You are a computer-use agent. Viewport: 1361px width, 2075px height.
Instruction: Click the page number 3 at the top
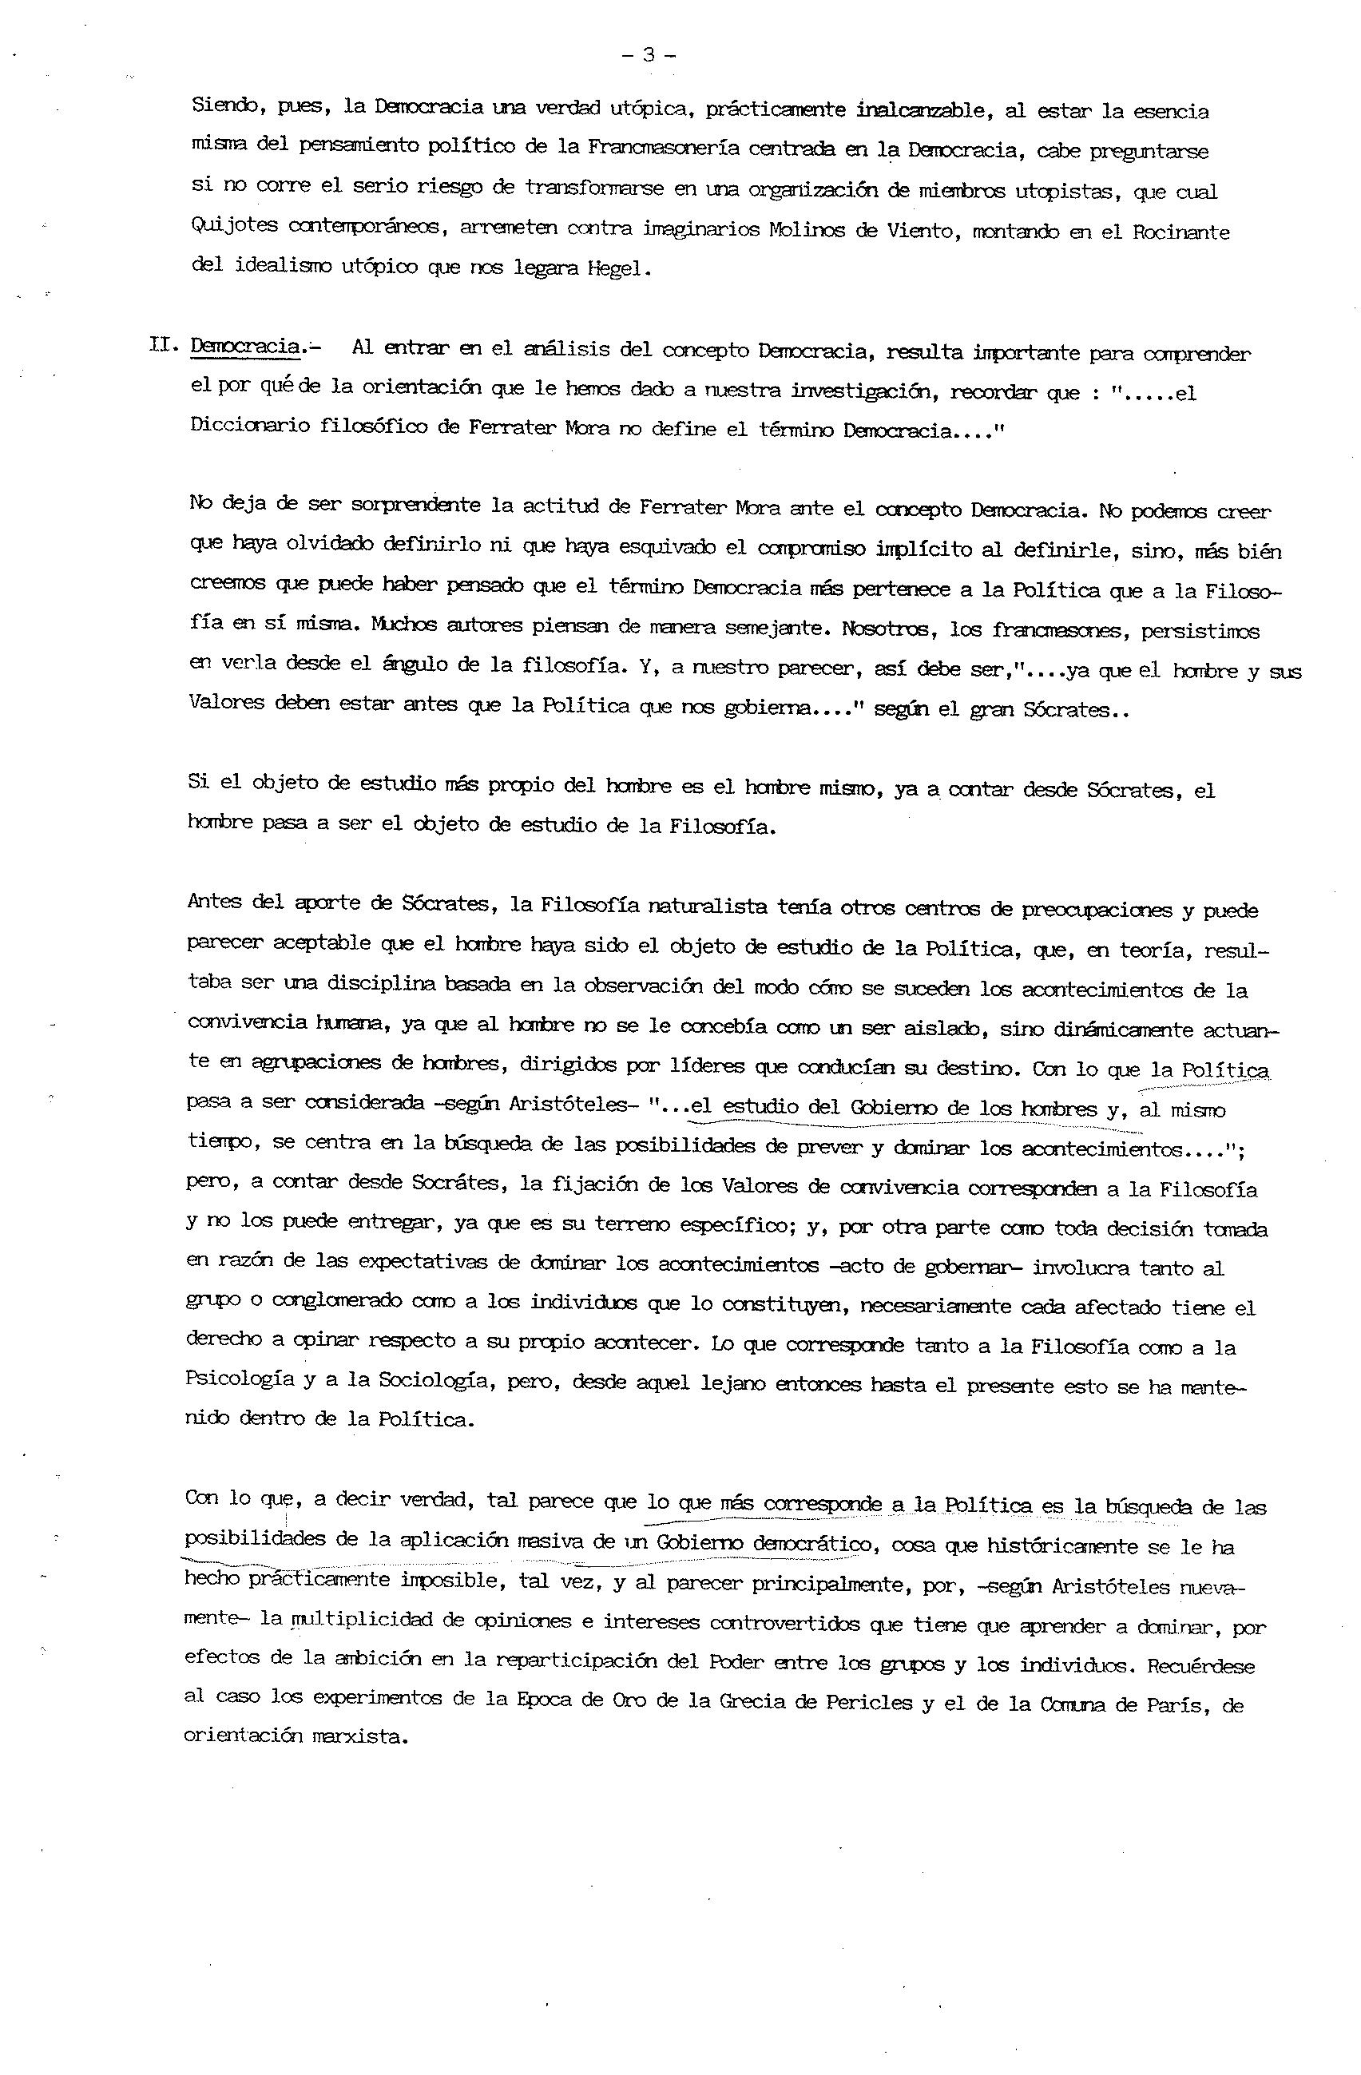649,55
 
